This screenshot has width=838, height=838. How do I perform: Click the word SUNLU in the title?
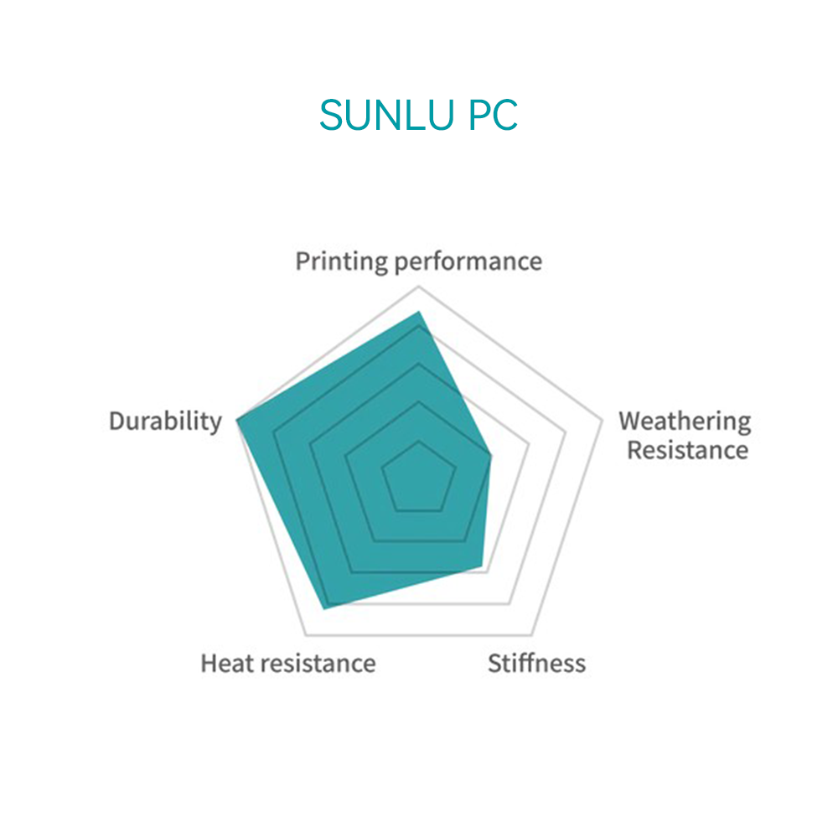tap(387, 115)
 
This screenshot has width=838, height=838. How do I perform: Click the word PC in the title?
tap(493, 115)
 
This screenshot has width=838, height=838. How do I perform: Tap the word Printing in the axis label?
tap(342, 262)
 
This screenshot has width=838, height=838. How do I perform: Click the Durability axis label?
tap(165, 422)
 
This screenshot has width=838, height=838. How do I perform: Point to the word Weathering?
tap(685, 422)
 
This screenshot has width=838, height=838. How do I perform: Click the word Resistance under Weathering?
tap(688, 450)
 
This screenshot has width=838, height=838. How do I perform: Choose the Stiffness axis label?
tap(536, 663)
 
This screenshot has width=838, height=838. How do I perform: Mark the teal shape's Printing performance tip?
tap(419, 311)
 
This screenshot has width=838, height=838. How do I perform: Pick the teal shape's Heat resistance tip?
tap(324, 608)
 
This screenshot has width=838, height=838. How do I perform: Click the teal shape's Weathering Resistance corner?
tap(490, 455)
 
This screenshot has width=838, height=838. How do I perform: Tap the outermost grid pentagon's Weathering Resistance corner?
tap(602, 420)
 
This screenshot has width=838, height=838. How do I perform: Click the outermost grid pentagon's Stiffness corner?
tap(532, 635)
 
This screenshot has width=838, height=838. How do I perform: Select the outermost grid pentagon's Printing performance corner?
tap(419, 287)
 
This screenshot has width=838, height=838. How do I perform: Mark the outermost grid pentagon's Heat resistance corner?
tap(306, 635)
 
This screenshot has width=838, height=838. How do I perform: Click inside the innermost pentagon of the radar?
tap(419, 479)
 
